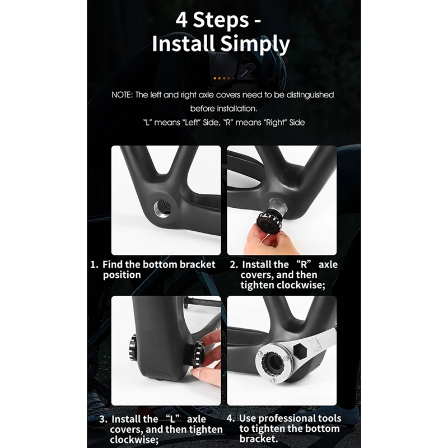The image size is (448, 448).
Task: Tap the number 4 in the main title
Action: pos(181,20)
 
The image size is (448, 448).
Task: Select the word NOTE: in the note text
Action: pos(122,95)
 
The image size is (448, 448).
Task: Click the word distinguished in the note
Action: pos(310,95)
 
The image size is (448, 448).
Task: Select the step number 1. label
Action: pos(94,264)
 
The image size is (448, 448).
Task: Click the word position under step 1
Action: pos(122,275)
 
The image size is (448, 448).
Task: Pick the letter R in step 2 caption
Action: pos(304,264)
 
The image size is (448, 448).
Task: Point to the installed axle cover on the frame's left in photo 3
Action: pos(133,348)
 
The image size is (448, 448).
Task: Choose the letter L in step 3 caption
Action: pos(172,419)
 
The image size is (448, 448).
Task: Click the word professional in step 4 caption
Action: pos(290,418)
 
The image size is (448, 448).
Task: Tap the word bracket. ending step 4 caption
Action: pos(259,438)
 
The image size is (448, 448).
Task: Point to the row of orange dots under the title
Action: pos(224,78)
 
